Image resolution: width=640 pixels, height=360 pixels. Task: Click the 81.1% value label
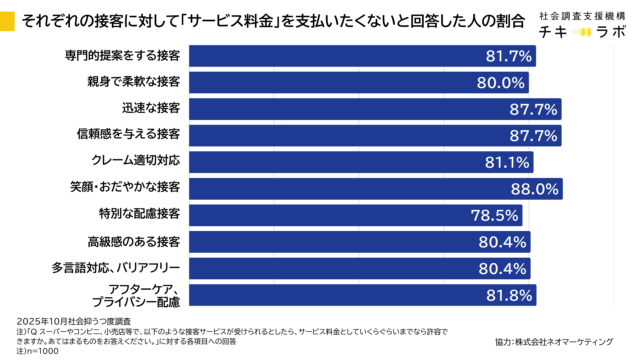click(x=507, y=161)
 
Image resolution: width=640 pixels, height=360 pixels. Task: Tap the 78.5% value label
click(x=494, y=215)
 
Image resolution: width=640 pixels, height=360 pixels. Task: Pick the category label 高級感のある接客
click(x=133, y=241)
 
